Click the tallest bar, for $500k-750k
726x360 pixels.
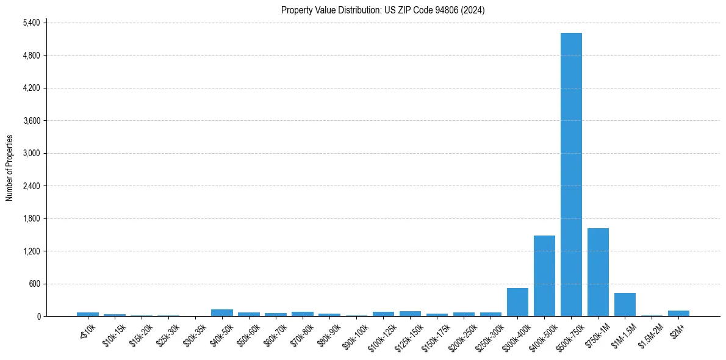tap(571, 175)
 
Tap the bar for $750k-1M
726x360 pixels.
tap(598, 272)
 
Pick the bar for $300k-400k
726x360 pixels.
tap(517, 302)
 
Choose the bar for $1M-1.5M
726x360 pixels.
tap(625, 304)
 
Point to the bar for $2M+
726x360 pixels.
tap(678, 313)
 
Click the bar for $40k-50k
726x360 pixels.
tap(222, 312)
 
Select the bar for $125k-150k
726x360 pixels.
tap(410, 314)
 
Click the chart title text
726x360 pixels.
tap(383, 10)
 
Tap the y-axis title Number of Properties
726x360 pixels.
tap(9, 168)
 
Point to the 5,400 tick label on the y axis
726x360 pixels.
tap(31, 23)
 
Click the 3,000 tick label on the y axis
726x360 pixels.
tap(31, 153)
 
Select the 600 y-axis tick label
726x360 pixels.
tap(34, 284)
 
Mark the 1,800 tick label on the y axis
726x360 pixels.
tap(31, 218)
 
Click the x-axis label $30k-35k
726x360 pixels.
tap(193, 334)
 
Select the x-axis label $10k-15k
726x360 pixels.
tap(113, 334)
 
